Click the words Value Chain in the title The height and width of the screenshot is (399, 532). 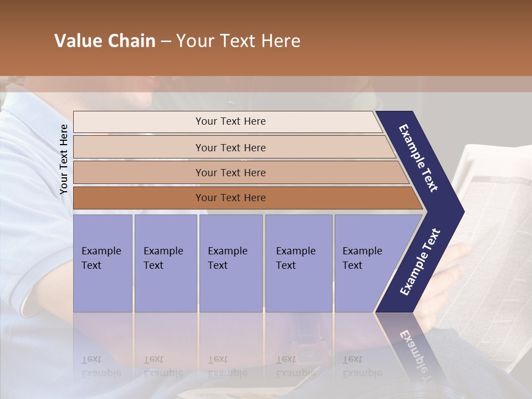(105, 41)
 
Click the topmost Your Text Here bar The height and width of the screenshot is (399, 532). (230, 121)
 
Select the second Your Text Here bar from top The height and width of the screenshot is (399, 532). (230, 147)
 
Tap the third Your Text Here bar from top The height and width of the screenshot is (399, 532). (230, 172)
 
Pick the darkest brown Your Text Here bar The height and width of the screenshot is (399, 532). (230, 198)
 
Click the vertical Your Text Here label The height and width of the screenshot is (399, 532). (64, 160)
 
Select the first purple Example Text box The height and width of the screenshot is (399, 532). (103, 263)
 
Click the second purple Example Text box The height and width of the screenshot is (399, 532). (165, 263)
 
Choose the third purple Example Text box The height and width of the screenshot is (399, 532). (231, 263)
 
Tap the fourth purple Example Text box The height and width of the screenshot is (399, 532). (298, 263)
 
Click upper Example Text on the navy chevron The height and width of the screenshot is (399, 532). (419, 158)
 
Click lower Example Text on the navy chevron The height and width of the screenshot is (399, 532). (420, 262)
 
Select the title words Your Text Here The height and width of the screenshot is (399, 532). (238, 41)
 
